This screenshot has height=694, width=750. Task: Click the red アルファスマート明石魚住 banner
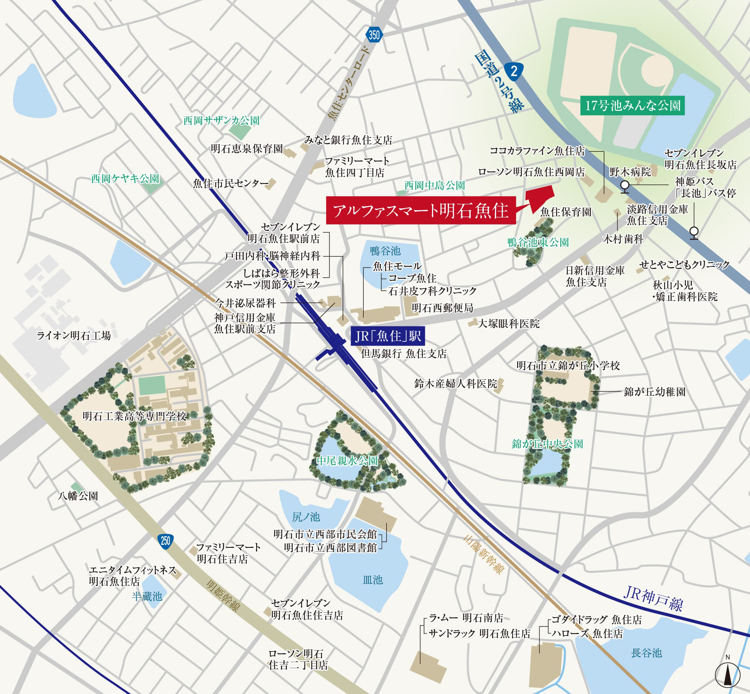click(420, 210)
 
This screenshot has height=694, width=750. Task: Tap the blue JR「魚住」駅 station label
click(387, 336)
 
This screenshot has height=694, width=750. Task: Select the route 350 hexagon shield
click(374, 35)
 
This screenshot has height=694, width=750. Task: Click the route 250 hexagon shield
click(166, 541)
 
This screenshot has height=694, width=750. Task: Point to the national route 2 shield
click(514, 70)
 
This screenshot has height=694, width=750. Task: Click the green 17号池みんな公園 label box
click(632, 106)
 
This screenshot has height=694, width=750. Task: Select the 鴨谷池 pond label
click(385, 250)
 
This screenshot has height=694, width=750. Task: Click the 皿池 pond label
click(372, 580)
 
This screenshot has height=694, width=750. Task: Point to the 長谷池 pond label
click(646, 653)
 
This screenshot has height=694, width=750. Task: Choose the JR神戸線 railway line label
click(653, 598)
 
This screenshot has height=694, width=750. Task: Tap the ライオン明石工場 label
click(73, 335)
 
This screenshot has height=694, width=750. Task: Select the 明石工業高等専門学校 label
click(135, 416)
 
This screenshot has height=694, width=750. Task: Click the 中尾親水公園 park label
click(347, 461)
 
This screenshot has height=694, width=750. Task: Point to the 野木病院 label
click(630, 172)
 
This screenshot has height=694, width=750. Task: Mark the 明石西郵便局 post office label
click(442, 308)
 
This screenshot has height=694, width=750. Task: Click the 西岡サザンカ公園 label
click(221, 121)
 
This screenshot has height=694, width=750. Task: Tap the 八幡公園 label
click(78, 496)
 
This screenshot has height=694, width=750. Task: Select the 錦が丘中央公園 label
click(547, 444)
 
